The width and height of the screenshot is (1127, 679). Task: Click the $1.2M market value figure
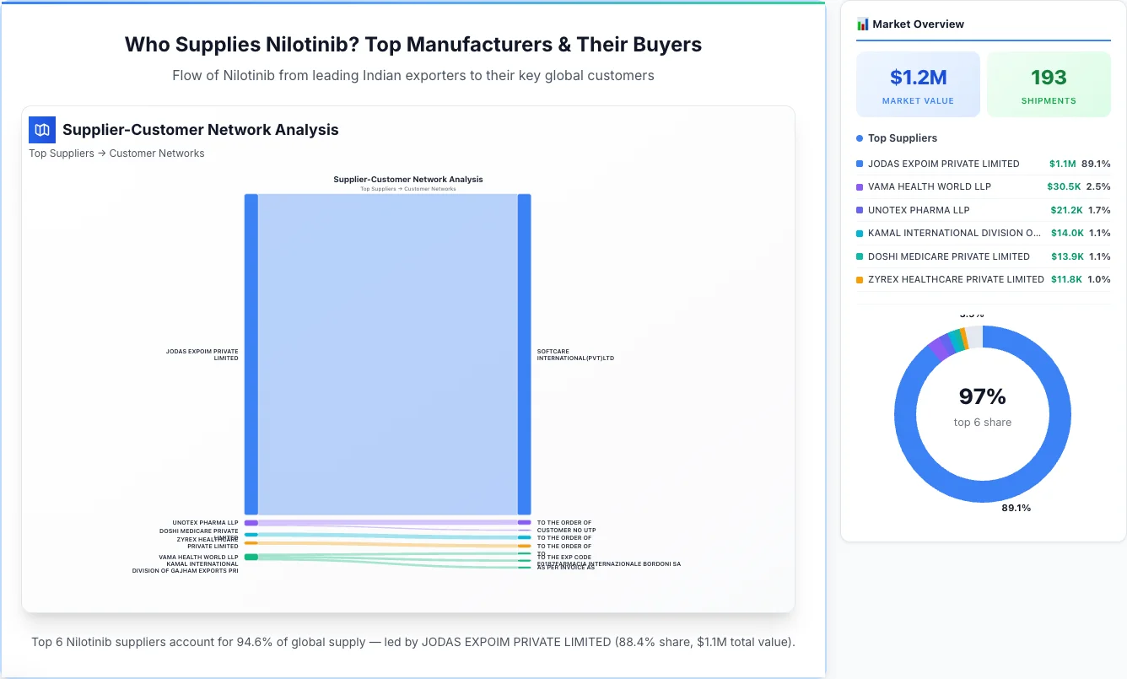tap(918, 78)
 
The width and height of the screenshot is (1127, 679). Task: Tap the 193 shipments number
tap(1049, 78)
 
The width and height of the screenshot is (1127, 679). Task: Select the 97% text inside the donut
tap(982, 396)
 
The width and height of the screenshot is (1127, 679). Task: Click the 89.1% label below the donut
tap(1016, 508)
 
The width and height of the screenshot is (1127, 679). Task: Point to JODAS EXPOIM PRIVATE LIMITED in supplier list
tap(943, 164)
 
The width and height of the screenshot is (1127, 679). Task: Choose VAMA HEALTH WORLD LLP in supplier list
tap(929, 186)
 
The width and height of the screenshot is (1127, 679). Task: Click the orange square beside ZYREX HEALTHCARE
tap(860, 279)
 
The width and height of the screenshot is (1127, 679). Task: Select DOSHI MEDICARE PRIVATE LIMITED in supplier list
tap(948, 256)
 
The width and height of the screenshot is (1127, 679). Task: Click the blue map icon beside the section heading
tap(42, 130)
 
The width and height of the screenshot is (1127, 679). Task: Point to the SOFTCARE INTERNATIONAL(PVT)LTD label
tap(575, 354)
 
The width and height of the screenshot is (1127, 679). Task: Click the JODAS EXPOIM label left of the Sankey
tap(202, 354)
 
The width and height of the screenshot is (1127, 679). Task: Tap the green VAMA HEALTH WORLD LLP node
tap(251, 557)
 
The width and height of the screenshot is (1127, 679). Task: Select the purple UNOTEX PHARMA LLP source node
tap(251, 523)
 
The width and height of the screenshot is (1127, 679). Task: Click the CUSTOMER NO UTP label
tap(566, 531)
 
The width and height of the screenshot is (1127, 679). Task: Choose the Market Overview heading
tap(918, 24)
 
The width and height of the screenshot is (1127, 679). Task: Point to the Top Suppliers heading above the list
tap(902, 138)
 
